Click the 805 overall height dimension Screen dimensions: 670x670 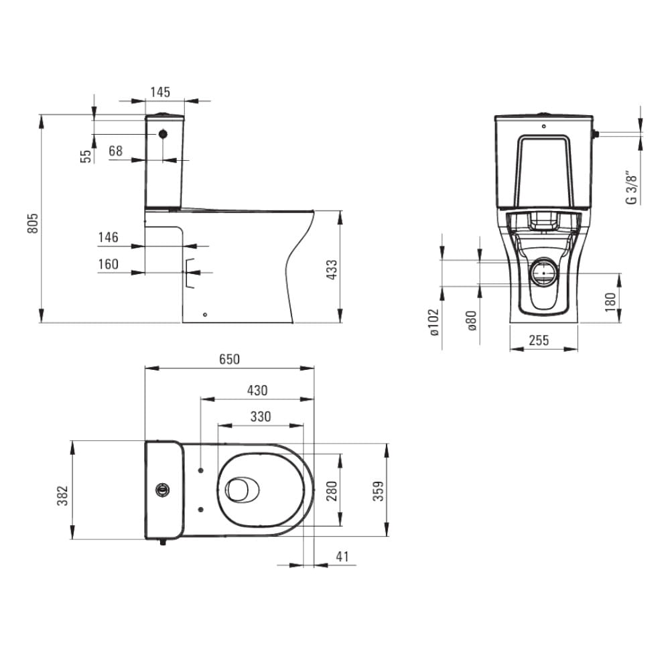[33, 223]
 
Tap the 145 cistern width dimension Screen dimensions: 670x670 [160, 92]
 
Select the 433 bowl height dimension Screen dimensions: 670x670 [332, 269]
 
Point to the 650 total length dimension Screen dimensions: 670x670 [229, 359]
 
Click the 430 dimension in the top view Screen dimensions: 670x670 [257, 390]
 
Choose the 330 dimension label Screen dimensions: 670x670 [261, 416]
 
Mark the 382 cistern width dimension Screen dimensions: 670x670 [62, 496]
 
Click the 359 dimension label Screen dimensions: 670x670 [379, 491]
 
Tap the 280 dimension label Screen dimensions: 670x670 [332, 491]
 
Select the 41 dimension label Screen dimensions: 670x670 [342, 556]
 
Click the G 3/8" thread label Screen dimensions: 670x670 [631, 188]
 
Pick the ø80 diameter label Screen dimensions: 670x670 [471, 321]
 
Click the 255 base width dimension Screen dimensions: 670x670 [539, 340]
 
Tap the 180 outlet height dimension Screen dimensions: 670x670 [610, 301]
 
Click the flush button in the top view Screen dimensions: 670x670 [163, 489]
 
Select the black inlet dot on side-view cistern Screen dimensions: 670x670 [163, 134]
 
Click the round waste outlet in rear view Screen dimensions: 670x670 [543, 272]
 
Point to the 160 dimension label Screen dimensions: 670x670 [108, 264]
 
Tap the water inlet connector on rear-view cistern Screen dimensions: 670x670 [595, 134]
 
